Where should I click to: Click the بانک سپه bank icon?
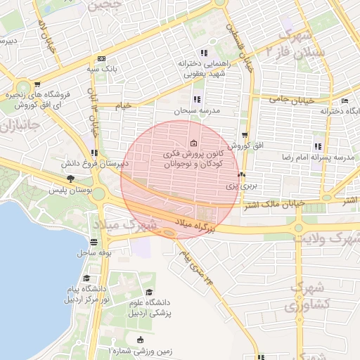tap(102, 58)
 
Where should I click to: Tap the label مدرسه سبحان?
tap(197, 111)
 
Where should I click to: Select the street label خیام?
tap(124, 105)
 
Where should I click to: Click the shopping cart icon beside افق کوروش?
tap(244, 135)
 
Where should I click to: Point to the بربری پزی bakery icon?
tap(241, 175)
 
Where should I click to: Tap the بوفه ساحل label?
tap(96, 252)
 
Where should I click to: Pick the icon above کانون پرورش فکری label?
tap(193, 144)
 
